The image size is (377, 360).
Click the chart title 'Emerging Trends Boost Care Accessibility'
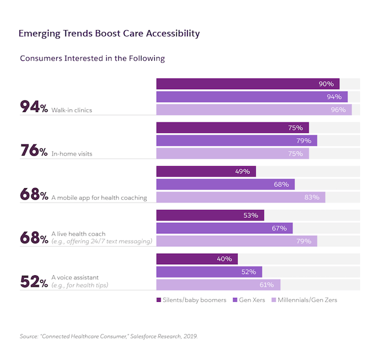point(109,33)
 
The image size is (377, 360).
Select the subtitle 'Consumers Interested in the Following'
point(92,59)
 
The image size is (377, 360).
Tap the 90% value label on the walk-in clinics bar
point(326,84)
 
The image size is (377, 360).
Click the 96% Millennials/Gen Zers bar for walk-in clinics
point(253,110)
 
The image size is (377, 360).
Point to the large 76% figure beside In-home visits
point(34,151)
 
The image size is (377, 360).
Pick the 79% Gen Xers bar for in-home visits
point(237,141)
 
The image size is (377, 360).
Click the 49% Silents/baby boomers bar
point(206,171)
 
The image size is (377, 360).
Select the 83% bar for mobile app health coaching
point(241,197)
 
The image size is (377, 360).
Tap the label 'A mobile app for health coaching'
point(99,197)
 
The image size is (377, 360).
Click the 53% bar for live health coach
point(210,215)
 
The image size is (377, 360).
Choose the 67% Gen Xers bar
point(224,228)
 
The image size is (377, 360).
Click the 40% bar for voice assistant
point(197,259)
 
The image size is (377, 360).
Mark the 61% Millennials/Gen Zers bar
point(218,285)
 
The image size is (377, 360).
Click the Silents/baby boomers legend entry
point(190,300)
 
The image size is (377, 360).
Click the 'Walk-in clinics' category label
point(72,110)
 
